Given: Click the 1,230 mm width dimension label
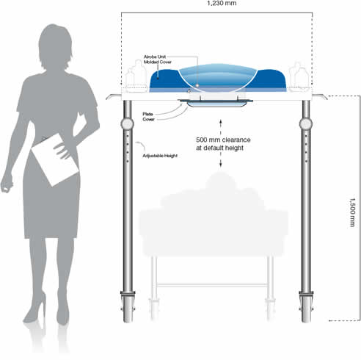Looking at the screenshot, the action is pos(222,3).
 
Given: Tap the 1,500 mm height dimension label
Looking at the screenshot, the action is pos(352,212).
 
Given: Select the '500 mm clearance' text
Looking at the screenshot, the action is pos(223,140).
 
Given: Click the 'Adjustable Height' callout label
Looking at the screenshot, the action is pos(160,156).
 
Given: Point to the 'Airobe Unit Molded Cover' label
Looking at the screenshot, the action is pos(158,60).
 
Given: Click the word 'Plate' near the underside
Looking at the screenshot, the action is pos(147,114).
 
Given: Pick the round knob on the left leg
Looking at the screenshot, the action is pos(128,124).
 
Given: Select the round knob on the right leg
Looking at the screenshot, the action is pos(306,124).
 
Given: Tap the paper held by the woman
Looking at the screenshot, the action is pos(55,159).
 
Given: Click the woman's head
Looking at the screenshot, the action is pos(55,46).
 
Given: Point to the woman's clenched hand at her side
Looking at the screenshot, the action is pos(7,183).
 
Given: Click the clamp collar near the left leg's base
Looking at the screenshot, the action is pos(128,294).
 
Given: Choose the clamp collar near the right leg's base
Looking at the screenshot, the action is pos(306,294).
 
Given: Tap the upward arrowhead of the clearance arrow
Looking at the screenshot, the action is pos(221,120).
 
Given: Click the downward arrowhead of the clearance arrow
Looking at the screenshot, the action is pos(221,165).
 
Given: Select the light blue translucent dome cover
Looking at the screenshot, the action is pos(218,78).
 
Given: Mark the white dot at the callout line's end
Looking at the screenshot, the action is pos(197,85).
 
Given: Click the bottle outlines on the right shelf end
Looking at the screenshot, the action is pos(299,77).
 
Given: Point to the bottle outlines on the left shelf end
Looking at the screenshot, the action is pos(136,76).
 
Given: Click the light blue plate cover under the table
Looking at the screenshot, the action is pos(216,104).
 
